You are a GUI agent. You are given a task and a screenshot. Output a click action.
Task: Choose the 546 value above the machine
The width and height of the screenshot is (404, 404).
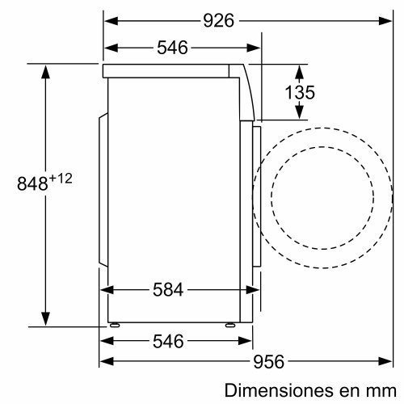coord(171,48)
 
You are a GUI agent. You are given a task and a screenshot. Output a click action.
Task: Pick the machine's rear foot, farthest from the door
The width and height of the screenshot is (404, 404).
coord(114,325)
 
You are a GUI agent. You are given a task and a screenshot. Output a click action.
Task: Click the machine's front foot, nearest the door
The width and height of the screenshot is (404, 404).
coord(230,325)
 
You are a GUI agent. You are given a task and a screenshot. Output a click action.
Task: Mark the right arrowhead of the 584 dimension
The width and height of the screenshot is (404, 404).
coord(247,288)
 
